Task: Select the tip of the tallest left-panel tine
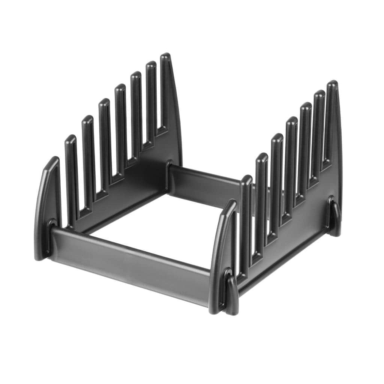pos(165,57)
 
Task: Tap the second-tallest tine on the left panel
pos(151,97)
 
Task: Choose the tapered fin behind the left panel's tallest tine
pos(175,112)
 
